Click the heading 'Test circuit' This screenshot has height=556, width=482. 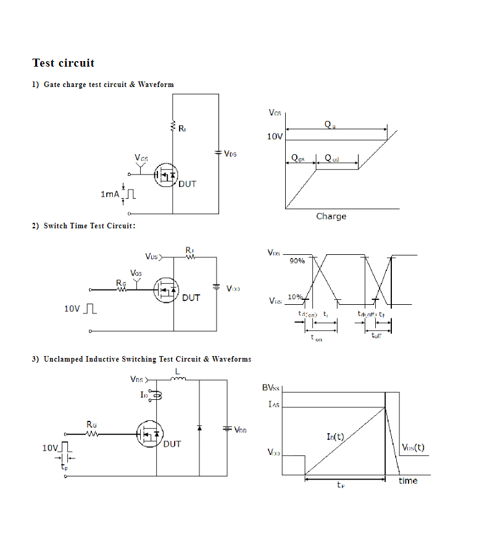click(x=64, y=63)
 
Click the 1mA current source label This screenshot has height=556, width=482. click(x=109, y=194)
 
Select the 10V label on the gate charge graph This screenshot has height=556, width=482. click(x=275, y=136)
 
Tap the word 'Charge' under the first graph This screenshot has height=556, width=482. click(x=331, y=217)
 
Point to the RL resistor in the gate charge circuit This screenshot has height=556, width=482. click(x=173, y=127)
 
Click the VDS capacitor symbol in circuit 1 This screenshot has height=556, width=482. click(x=218, y=153)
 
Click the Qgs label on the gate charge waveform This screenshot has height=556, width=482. click(x=298, y=159)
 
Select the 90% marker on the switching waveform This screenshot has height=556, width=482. click(x=297, y=261)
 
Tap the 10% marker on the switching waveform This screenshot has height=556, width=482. click(x=294, y=297)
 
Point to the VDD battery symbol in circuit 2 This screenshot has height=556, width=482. click(x=216, y=286)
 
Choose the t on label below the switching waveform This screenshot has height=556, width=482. click(x=316, y=338)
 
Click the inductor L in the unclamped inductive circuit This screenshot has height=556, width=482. click(x=178, y=380)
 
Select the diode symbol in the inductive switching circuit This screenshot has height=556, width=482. click(x=199, y=427)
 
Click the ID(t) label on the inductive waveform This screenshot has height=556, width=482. click(x=335, y=437)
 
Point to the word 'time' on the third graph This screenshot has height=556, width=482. click(x=407, y=481)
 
